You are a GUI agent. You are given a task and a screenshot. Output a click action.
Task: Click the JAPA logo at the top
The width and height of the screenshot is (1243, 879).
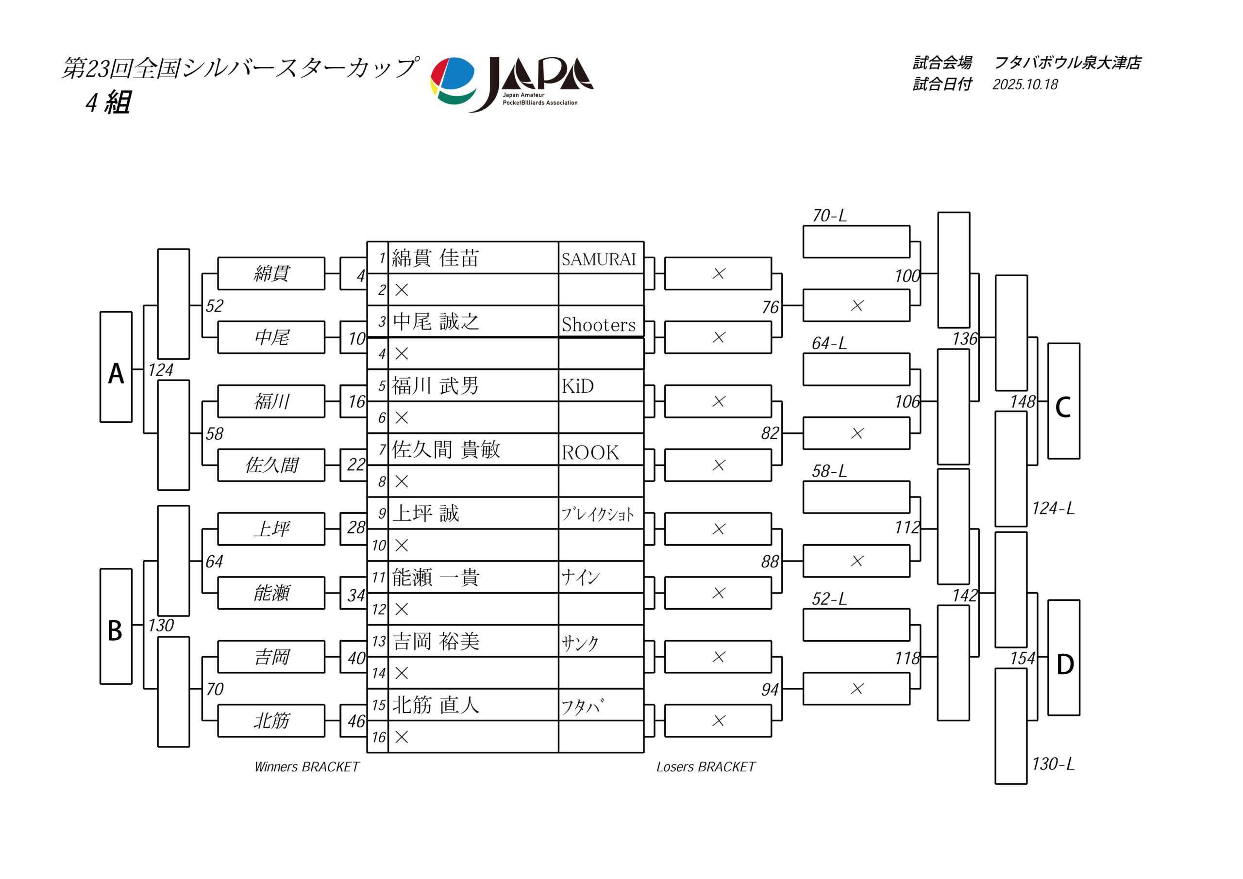point(512,84)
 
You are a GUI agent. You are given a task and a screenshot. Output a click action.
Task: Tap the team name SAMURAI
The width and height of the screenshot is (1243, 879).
point(598,260)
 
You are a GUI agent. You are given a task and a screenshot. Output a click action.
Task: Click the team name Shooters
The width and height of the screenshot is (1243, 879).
point(598,324)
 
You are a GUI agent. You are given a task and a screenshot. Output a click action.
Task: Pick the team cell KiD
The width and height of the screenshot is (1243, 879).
point(578,386)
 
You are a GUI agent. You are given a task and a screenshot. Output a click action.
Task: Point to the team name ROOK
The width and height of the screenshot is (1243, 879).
point(590,452)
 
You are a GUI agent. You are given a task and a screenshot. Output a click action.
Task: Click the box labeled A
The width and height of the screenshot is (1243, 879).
point(116,367)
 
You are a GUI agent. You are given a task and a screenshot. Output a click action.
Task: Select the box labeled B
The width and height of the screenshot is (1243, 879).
point(116,626)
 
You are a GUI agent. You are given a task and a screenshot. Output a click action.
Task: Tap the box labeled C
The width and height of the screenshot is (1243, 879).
point(1063,401)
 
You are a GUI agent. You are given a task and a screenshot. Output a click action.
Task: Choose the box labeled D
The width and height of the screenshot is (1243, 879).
point(1063,658)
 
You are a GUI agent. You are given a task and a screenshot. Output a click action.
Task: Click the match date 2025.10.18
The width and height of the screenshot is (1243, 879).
point(1025,84)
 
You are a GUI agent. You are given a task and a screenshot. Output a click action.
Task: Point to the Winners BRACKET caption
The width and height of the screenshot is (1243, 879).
point(306,767)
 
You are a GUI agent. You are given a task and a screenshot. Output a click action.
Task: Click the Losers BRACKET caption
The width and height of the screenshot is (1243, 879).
point(705,767)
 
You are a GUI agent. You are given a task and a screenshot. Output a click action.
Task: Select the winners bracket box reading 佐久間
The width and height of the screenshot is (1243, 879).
point(271,465)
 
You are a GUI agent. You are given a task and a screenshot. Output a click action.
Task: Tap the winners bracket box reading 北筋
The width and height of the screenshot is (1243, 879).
point(271,721)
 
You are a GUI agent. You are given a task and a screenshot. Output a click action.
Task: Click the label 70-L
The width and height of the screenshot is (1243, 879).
point(829,216)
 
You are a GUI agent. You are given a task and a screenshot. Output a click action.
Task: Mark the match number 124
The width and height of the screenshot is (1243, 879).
point(161,370)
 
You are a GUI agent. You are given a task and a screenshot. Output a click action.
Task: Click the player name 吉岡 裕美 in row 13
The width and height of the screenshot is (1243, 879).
point(436,641)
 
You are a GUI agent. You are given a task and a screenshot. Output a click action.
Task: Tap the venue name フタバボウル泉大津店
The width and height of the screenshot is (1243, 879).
point(1068,63)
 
